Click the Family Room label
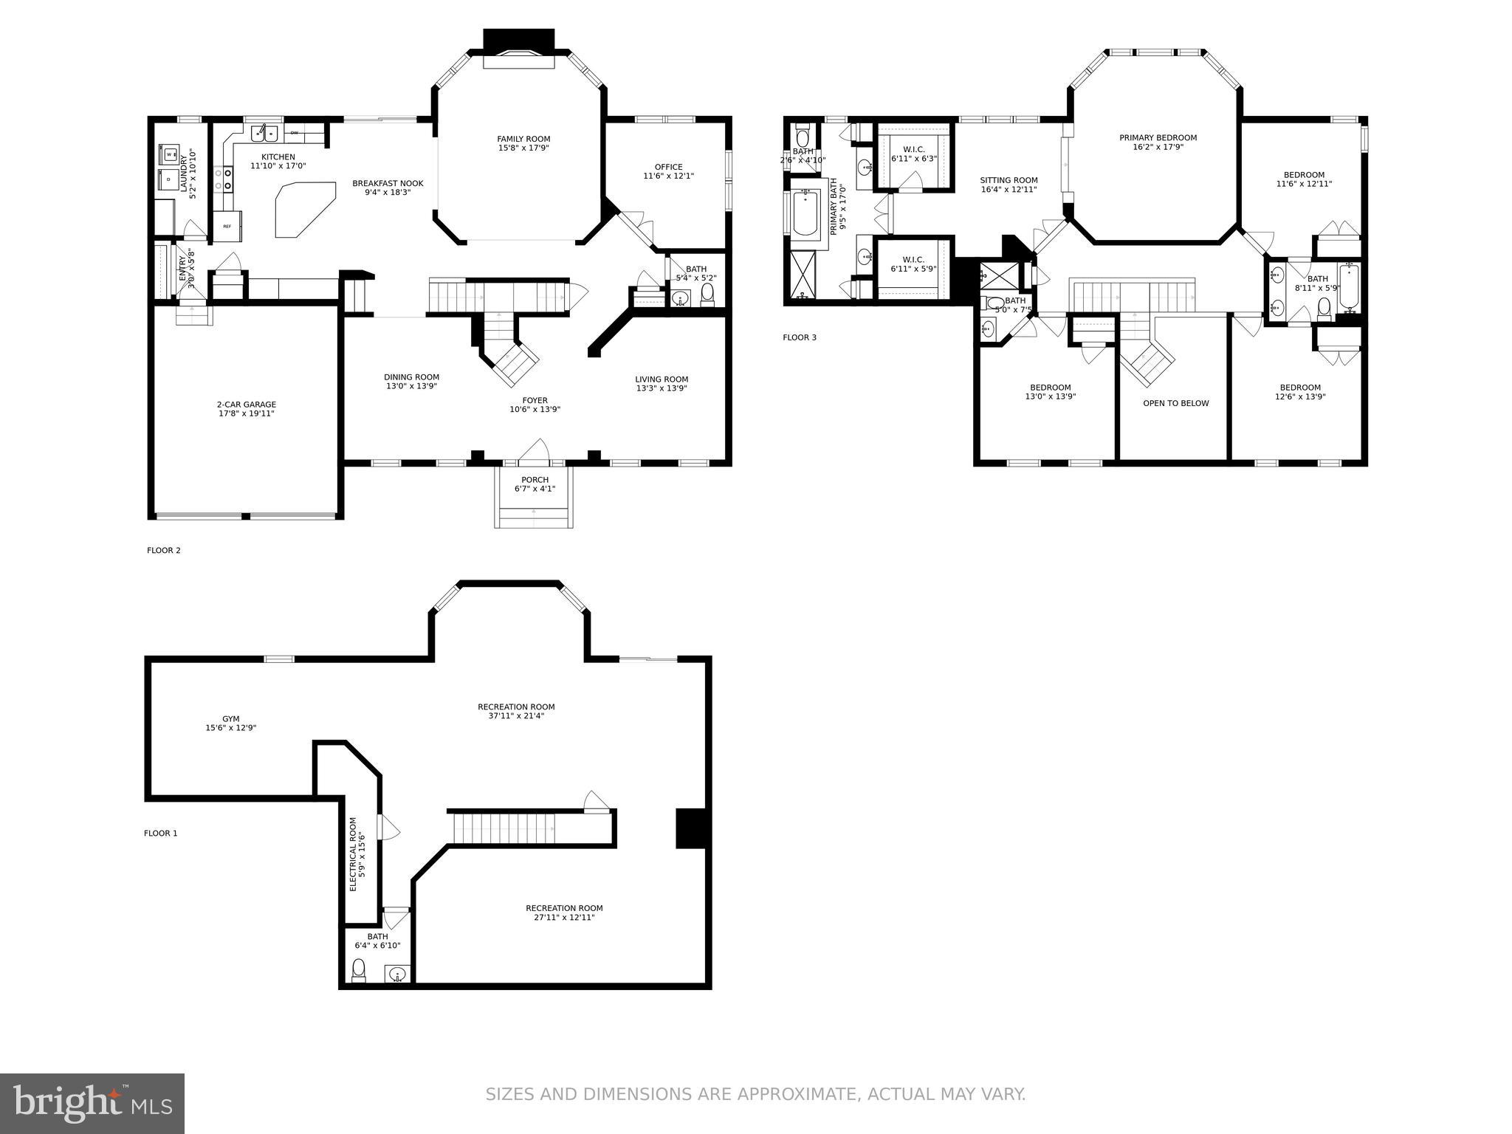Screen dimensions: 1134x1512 click(523, 139)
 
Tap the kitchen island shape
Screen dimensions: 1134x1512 click(303, 210)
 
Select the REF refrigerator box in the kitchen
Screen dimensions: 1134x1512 click(227, 227)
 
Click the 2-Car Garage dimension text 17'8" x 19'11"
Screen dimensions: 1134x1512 click(247, 413)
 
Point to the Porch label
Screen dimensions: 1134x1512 click(535, 480)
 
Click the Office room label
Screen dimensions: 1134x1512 click(668, 167)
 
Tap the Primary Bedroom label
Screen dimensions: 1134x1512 click(1158, 138)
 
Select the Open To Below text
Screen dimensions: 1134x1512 click(1175, 403)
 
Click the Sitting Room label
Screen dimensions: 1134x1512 click(1008, 180)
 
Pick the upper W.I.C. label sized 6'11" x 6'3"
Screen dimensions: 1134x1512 click(913, 149)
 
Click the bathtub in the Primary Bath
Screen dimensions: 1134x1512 click(805, 213)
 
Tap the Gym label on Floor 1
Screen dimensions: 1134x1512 click(231, 718)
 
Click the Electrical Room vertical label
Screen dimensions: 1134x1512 click(353, 854)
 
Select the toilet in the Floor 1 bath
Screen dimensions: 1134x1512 click(359, 969)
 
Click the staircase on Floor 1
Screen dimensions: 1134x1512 click(504, 828)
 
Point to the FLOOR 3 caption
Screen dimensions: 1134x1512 click(800, 337)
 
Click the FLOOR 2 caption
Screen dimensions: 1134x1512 click(164, 550)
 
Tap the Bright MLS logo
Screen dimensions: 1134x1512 click(92, 1103)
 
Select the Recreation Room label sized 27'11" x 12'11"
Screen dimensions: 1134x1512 click(564, 908)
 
